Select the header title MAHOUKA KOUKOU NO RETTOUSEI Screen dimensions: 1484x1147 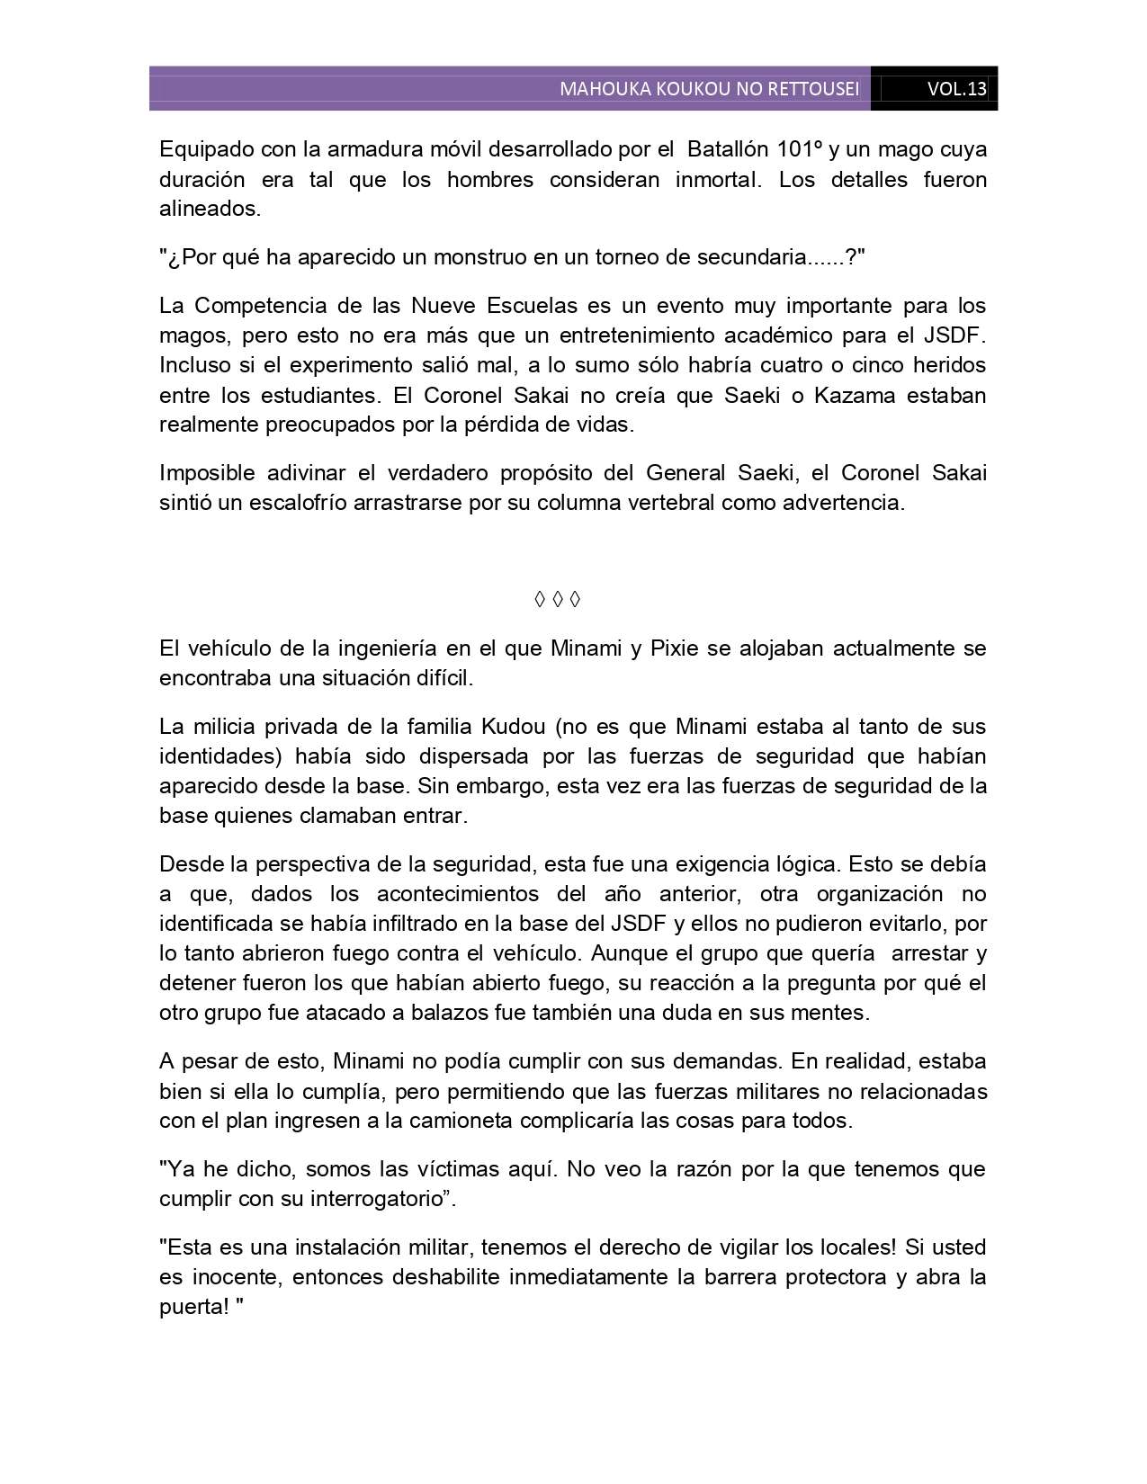[x=709, y=89]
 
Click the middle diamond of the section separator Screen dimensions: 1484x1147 [x=557, y=599]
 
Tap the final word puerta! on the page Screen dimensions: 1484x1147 [x=193, y=1307]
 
